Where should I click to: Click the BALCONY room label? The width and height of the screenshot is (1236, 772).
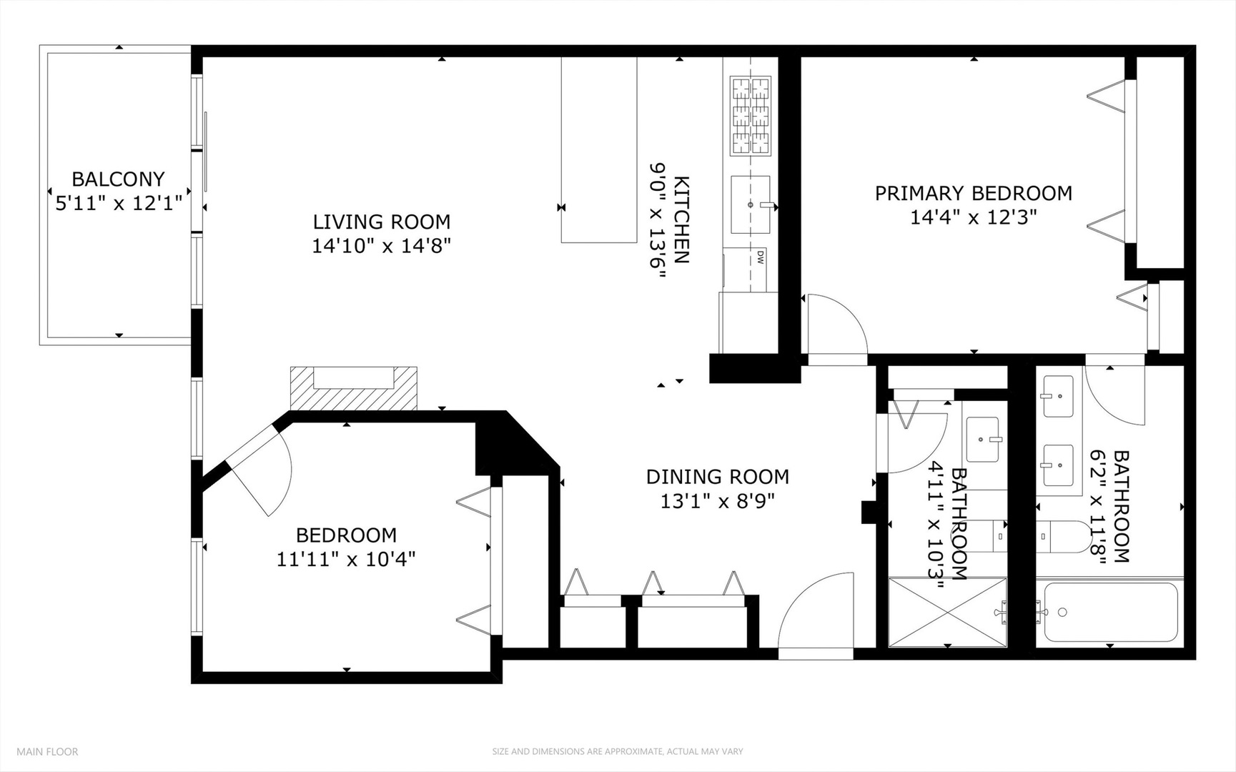[x=118, y=179]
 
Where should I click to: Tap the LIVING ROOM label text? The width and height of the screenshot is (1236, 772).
[x=381, y=222]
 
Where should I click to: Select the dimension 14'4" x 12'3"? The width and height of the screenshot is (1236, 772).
[x=973, y=217]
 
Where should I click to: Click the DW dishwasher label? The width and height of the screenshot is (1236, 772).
[x=760, y=257]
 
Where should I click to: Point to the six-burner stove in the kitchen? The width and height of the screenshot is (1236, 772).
[x=751, y=116]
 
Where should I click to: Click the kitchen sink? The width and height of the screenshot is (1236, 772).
[x=750, y=204]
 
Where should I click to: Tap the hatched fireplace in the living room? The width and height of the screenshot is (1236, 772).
[x=353, y=388]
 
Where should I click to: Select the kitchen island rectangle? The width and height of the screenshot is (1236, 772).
[x=598, y=150]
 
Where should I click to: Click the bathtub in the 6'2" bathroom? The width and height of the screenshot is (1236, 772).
[x=1109, y=613]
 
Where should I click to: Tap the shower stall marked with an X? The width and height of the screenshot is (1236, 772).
[x=946, y=613]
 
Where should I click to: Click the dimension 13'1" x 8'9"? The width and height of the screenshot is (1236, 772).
[x=717, y=501]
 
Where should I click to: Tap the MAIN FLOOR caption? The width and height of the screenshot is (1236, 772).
[x=47, y=751]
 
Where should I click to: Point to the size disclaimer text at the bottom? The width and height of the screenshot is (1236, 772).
[x=617, y=751]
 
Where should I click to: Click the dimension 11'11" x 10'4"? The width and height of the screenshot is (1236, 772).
[x=346, y=558]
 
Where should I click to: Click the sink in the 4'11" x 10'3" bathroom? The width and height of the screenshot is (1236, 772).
[x=984, y=439]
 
